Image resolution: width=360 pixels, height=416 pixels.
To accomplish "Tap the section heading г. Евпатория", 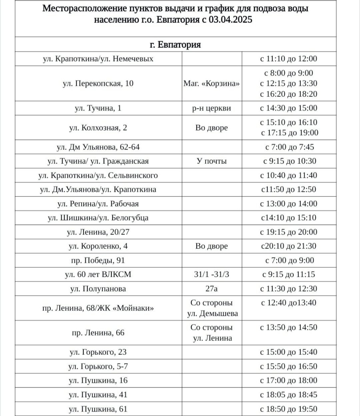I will click(x=175, y=44).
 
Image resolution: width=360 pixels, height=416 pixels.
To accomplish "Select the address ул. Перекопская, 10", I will click(x=98, y=84).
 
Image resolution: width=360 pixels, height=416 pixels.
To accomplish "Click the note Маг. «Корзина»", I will click(x=212, y=84).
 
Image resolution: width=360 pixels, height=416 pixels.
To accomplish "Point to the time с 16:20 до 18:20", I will click(x=288, y=94).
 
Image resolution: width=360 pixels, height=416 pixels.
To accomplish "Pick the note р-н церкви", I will click(x=212, y=108).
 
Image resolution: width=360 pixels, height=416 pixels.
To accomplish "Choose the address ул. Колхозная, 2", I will click(x=98, y=128).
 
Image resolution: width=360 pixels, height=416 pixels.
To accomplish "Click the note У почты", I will click(x=212, y=161).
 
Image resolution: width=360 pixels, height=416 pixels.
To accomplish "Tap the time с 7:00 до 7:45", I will click(x=289, y=147).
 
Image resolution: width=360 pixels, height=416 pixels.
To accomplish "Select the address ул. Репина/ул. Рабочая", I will click(x=98, y=204).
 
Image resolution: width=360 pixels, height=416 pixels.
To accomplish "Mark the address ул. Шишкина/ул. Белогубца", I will click(x=98, y=218).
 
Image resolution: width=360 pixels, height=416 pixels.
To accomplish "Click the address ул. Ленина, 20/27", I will click(x=98, y=232).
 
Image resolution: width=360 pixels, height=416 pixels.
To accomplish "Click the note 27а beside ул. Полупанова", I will click(x=212, y=289).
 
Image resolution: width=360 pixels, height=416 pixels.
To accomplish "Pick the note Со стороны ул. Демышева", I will click(x=212, y=308).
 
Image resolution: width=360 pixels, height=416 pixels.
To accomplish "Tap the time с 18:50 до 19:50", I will click(x=288, y=409).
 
